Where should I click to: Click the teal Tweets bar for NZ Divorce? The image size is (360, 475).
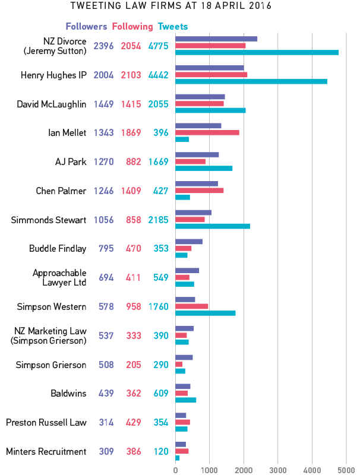(x=257, y=52)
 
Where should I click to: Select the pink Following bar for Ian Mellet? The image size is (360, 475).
(x=207, y=132)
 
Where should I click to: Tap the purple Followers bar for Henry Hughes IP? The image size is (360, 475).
(x=210, y=68)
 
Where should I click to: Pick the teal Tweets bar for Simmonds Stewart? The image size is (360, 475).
(x=213, y=226)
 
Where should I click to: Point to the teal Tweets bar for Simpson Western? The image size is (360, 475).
(x=206, y=313)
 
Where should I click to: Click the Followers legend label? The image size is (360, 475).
(x=86, y=27)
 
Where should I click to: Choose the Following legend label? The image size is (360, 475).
(x=132, y=27)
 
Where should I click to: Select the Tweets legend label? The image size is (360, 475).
(x=173, y=27)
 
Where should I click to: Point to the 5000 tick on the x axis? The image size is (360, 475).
(x=346, y=470)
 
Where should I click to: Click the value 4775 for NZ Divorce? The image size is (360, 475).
(x=159, y=46)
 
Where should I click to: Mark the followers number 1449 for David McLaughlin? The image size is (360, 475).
(x=103, y=104)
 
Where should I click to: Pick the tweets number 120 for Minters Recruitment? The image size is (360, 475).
(x=160, y=452)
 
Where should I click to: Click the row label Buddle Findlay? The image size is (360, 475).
(x=58, y=249)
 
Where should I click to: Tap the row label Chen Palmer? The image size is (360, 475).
(x=61, y=191)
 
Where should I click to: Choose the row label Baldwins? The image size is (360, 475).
(x=69, y=394)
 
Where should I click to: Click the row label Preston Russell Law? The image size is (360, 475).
(x=46, y=423)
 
